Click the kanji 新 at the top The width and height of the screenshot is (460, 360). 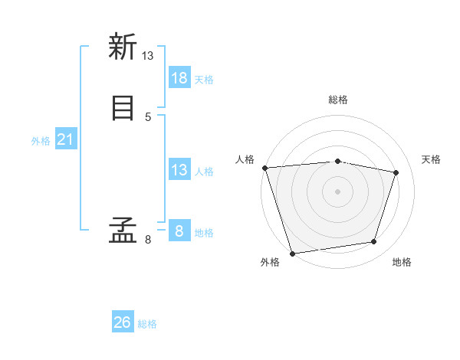pyautogui.click(x=122, y=47)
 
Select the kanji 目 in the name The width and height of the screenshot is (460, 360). pyautogui.click(x=122, y=107)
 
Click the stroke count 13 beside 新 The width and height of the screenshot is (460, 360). pyautogui.click(x=148, y=56)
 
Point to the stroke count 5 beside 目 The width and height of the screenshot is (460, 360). pyautogui.click(x=148, y=116)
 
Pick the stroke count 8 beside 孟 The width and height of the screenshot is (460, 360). pyautogui.click(x=148, y=240)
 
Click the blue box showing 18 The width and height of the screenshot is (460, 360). pyautogui.click(x=179, y=78)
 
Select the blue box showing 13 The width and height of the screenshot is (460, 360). pyautogui.click(x=179, y=170)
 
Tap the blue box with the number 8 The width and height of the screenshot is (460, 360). pyautogui.click(x=179, y=231)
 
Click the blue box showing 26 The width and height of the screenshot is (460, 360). pyautogui.click(x=123, y=322)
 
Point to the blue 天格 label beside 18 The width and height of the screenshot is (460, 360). pyautogui.click(x=204, y=80)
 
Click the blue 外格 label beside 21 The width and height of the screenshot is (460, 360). pyautogui.click(x=41, y=141)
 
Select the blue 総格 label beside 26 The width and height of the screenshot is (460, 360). pyautogui.click(x=147, y=324)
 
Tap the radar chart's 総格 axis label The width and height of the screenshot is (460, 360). pyautogui.click(x=338, y=100)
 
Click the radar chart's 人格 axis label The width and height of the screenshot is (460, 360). pyautogui.click(x=245, y=159)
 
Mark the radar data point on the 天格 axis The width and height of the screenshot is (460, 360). pyautogui.click(x=396, y=172)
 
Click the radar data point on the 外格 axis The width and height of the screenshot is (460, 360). pyautogui.click(x=292, y=253)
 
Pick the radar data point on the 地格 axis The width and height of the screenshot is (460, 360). pyautogui.click(x=374, y=242)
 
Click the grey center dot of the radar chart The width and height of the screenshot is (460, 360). pyautogui.click(x=337, y=191)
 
